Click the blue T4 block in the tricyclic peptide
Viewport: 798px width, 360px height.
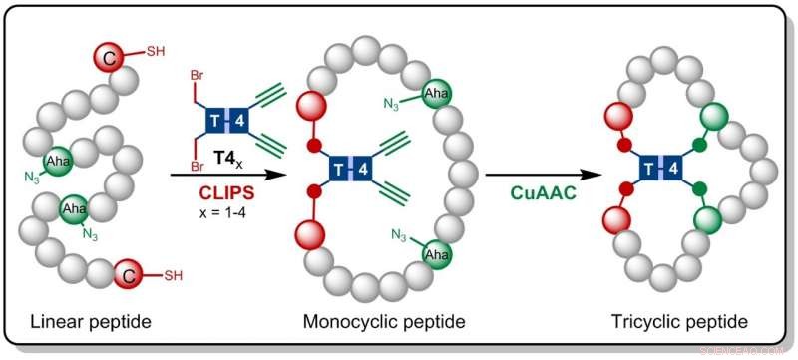pos(661,167)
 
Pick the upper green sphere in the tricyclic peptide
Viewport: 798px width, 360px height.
pos(712,117)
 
